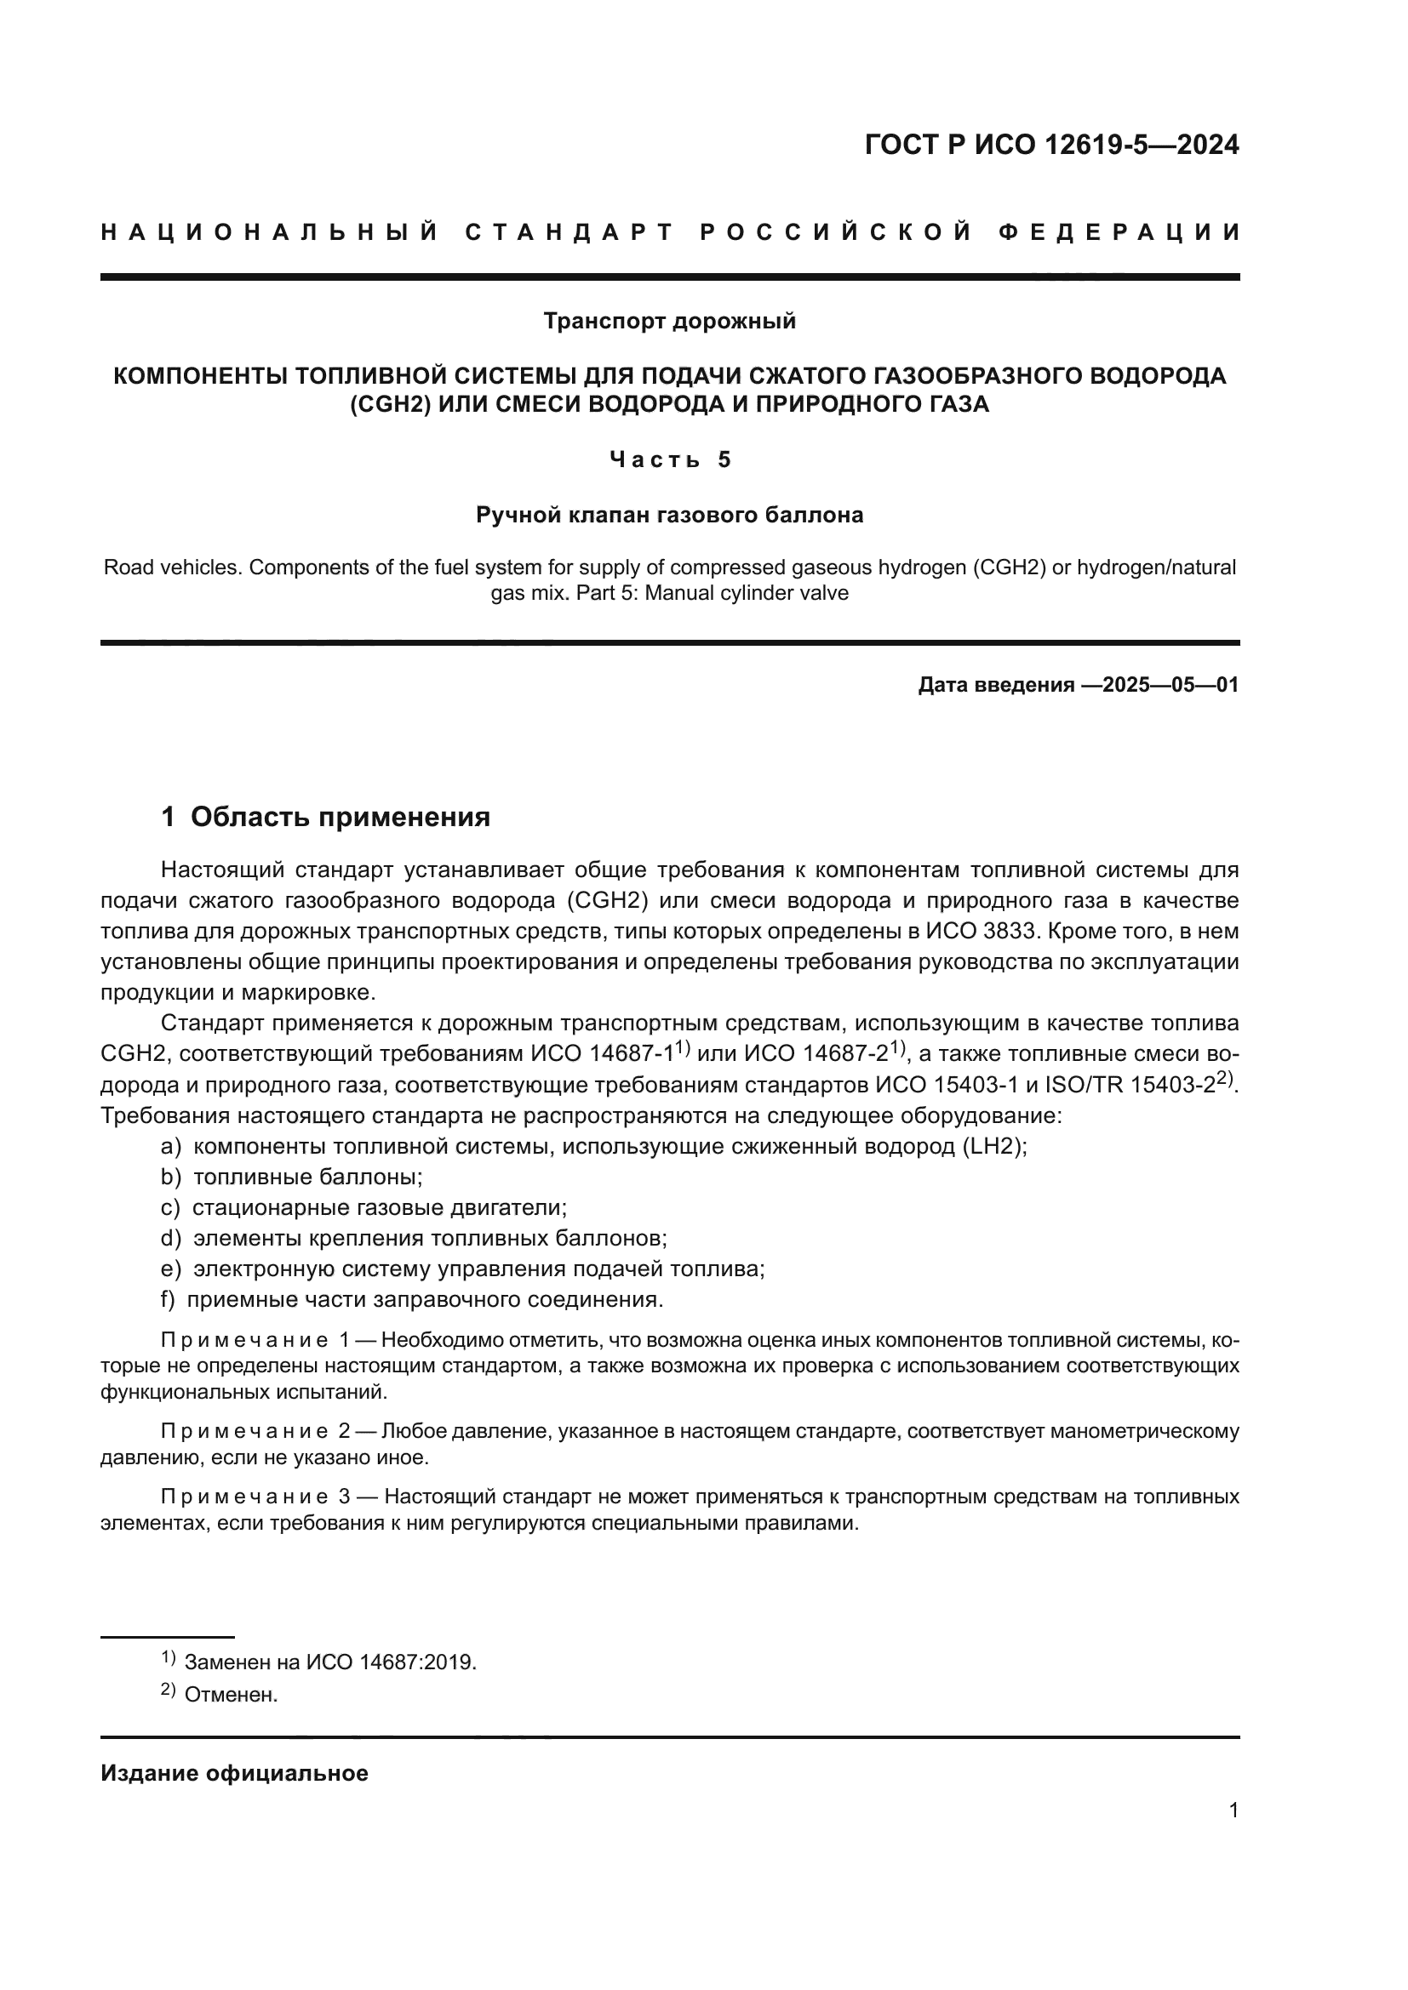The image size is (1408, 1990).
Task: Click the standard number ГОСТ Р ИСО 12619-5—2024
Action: pos(1051,145)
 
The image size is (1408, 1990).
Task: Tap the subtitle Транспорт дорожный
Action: pos(669,322)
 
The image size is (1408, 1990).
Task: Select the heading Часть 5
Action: pos(669,459)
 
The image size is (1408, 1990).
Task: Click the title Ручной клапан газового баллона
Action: pos(669,515)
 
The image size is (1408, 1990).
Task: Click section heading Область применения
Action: pos(340,817)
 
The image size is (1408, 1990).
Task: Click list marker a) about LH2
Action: pos(171,1147)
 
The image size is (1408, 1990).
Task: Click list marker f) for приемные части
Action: pos(169,1299)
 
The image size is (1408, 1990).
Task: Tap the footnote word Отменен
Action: pos(231,1696)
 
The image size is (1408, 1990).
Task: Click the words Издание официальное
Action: pos(234,1773)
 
